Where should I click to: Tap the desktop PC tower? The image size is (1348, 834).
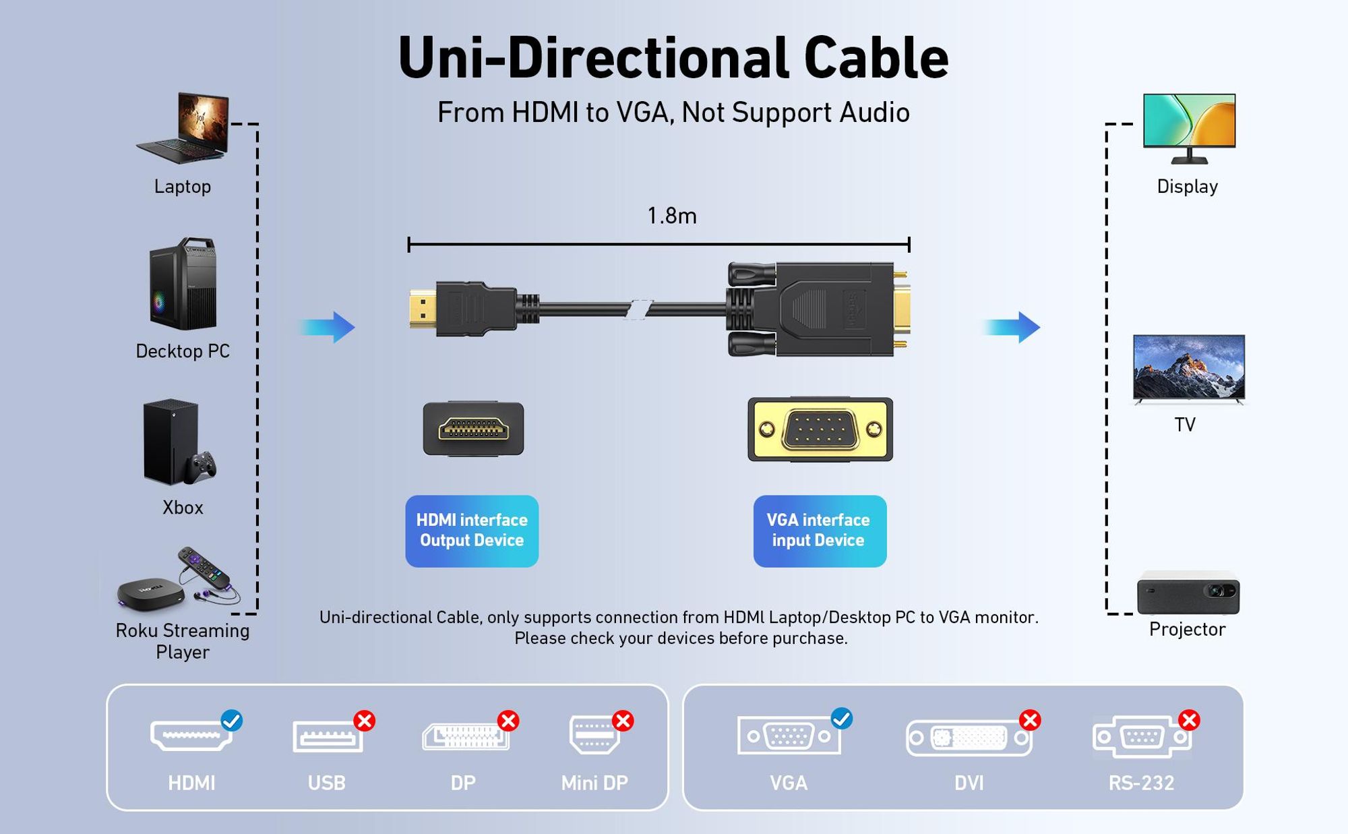(x=183, y=284)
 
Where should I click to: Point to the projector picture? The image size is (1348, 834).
(x=1188, y=593)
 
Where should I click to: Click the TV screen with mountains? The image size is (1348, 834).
(x=1189, y=368)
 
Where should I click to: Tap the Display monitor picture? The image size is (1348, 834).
(x=1190, y=128)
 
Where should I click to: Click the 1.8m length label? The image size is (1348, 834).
(x=672, y=216)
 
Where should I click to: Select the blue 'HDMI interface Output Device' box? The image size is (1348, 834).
(x=472, y=531)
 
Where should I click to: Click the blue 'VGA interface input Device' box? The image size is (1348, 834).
(x=820, y=531)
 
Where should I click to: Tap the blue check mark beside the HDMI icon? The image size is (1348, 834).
(x=232, y=721)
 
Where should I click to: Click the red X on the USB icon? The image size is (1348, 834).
(x=365, y=721)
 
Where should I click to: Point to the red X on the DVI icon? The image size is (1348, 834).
(x=1030, y=720)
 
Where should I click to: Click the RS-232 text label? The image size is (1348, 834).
(x=1141, y=783)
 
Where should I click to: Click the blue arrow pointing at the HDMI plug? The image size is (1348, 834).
(x=328, y=328)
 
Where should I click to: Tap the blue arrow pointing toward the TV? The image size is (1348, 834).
(x=1011, y=328)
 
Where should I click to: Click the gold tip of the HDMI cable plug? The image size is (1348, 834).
(x=423, y=308)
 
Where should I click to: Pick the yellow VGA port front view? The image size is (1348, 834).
(x=820, y=429)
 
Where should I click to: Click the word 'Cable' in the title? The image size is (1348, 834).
(x=876, y=57)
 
